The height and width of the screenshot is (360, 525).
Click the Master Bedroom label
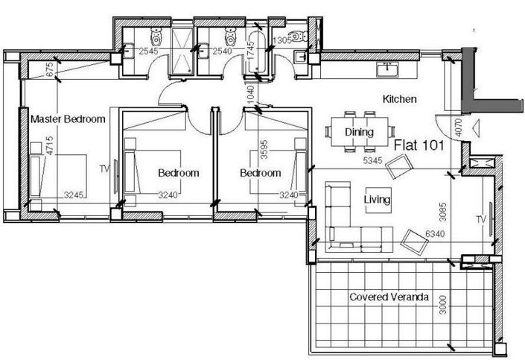coord(68,119)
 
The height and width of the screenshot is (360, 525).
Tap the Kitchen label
coord(399,99)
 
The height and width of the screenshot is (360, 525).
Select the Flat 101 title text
coord(419,145)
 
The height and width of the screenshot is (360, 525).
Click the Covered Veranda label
coord(389,297)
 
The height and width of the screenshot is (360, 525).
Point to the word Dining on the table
coord(359,132)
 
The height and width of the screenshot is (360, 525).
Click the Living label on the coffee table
coord(377,200)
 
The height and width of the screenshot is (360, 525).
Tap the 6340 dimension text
coord(435,233)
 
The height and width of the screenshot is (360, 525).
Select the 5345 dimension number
coord(372,160)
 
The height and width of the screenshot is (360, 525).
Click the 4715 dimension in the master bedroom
coord(50,145)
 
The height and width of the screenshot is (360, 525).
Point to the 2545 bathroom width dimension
coord(148,51)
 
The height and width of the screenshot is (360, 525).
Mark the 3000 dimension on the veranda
coord(442,304)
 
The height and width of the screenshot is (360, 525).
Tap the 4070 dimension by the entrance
coord(459,127)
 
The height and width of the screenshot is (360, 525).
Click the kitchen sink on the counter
coord(388,69)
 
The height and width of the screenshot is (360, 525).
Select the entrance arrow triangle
coord(476,127)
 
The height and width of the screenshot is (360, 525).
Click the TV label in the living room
coord(481,220)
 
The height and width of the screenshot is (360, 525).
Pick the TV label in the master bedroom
coord(104,169)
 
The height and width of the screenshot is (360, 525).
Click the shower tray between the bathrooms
coord(182,51)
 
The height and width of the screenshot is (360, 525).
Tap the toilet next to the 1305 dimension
coord(298,36)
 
